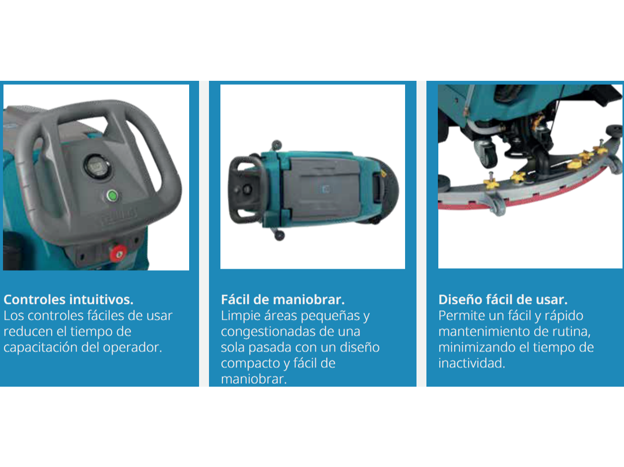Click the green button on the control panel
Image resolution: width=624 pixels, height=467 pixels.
click(112, 196)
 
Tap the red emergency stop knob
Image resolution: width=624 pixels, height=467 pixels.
click(118, 253)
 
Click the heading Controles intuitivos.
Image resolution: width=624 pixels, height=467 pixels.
click(69, 299)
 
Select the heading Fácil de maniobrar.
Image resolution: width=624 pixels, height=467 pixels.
click(283, 299)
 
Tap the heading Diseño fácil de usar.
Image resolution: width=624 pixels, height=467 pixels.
click(503, 299)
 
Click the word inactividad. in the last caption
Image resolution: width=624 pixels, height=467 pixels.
click(472, 363)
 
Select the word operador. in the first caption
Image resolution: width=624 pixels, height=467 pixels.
click(133, 348)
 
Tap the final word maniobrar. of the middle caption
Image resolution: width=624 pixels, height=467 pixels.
click(254, 379)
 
